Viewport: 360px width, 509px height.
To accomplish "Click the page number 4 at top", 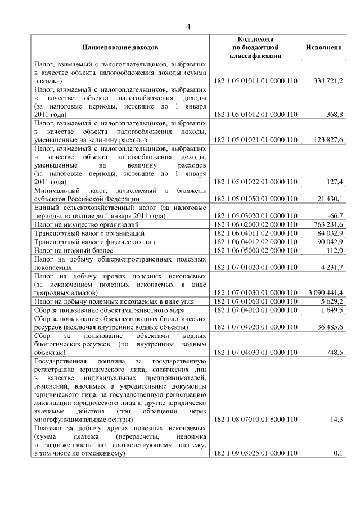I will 188,26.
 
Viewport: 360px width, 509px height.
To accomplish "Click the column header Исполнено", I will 324,47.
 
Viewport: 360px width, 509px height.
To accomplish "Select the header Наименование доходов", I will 120,47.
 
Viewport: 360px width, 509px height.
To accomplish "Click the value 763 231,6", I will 328,224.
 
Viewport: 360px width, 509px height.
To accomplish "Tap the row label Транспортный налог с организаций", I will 90,233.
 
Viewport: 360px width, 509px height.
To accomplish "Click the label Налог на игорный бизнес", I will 74,250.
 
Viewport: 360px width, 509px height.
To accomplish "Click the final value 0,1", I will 338,453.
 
